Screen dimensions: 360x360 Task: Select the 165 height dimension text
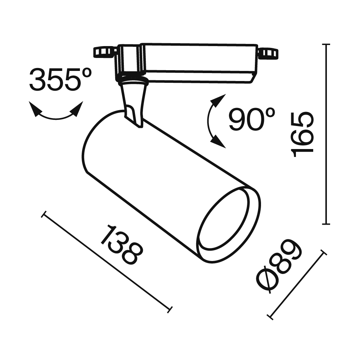302,134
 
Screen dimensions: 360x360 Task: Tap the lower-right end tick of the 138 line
170,309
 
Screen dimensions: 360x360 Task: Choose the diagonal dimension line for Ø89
297,284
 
